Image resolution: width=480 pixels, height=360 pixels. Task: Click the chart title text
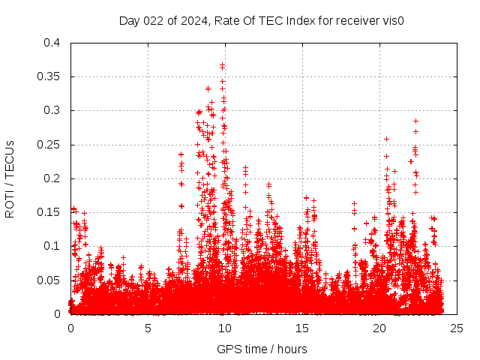[x=262, y=20]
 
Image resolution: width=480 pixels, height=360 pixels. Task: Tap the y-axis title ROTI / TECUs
[x=10, y=178]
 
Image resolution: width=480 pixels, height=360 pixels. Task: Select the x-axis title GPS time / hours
[x=262, y=349]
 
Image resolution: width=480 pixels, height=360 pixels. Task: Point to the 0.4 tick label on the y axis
[x=51, y=43]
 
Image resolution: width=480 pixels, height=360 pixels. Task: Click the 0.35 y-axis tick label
[x=48, y=76]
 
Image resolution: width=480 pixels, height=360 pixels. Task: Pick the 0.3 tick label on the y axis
[x=51, y=110]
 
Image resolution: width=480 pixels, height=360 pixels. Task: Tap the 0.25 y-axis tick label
[x=48, y=144]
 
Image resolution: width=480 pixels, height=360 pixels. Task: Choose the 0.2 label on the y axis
[x=51, y=178]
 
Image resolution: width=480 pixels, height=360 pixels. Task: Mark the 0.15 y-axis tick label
[x=48, y=212]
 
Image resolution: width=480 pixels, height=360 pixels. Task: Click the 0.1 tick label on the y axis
[x=51, y=246]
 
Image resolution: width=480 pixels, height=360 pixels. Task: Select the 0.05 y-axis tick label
[x=48, y=280]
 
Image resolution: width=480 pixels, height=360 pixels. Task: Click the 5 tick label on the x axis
[x=148, y=328]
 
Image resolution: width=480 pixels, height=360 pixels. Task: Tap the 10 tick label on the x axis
[x=225, y=328]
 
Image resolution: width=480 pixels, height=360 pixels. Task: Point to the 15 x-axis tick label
[x=302, y=328]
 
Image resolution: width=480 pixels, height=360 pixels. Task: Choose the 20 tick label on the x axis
[x=379, y=328]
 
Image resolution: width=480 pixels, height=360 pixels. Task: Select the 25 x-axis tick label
[x=457, y=328]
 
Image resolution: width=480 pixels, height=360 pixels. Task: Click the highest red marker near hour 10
[x=222, y=64]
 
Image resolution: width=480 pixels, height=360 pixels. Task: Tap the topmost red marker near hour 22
[x=415, y=121]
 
